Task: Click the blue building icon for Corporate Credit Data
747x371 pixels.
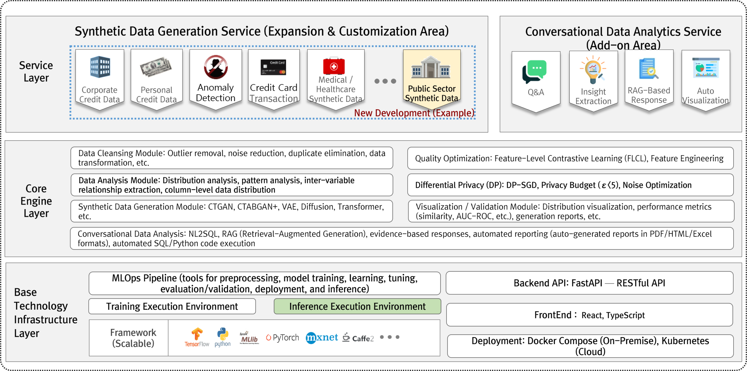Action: coord(100,67)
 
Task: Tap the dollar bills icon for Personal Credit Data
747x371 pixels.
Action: coord(156,67)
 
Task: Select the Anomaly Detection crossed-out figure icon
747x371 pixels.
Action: coord(216,67)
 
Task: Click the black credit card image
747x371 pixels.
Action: coord(273,67)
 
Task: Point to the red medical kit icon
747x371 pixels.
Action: coord(334,66)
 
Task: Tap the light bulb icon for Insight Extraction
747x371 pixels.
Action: coord(593,70)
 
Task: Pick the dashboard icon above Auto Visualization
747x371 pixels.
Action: coord(706,68)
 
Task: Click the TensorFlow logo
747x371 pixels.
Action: coord(197,337)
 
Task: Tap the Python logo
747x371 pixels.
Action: coord(223,337)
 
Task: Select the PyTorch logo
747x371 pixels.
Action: coord(282,337)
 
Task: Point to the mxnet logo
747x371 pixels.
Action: coord(322,338)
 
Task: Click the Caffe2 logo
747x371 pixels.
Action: coord(358,338)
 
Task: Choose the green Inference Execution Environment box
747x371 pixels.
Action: coord(357,307)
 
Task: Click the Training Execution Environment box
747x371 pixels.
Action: coord(172,307)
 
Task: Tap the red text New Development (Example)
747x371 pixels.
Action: coord(414,113)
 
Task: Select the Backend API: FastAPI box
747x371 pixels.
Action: coord(589,283)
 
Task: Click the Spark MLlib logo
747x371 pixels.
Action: coord(249,338)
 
